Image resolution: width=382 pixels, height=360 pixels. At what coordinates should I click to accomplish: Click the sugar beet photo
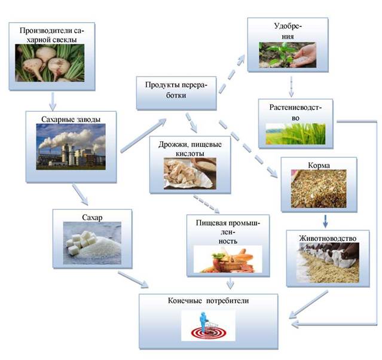click(x=50, y=63)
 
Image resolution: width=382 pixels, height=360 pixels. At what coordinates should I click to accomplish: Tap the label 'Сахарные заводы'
click(x=71, y=119)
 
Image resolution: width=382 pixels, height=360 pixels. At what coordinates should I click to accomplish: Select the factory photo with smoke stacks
click(x=71, y=147)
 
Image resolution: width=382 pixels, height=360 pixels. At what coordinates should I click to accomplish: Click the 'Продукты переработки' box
click(x=176, y=93)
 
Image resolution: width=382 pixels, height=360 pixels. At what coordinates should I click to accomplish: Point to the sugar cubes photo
click(x=92, y=243)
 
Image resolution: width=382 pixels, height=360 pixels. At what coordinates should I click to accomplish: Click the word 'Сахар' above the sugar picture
click(x=92, y=217)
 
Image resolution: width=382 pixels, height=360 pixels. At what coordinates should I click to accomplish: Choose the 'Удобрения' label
click(x=288, y=31)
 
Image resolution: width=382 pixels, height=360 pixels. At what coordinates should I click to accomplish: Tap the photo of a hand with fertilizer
click(x=288, y=55)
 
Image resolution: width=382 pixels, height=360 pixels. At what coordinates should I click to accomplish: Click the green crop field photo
click(x=295, y=134)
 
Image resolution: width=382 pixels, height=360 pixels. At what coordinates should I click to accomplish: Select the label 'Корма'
click(x=319, y=165)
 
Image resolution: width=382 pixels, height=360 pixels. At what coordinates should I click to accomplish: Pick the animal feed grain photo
click(x=319, y=188)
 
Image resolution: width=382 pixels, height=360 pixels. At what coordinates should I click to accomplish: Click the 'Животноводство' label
click(x=328, y=238)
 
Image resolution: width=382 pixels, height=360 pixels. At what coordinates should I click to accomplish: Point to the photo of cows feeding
click(x=328, y=263)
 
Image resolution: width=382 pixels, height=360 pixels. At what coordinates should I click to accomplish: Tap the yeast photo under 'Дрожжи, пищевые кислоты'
click(x=190, y=173)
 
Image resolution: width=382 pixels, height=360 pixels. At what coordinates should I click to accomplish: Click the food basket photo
click(x=228, y=259)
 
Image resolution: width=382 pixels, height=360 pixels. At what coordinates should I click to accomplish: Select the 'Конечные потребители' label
click(x=208, y=301)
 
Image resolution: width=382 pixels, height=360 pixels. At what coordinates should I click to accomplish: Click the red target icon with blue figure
click(x=208, y=325)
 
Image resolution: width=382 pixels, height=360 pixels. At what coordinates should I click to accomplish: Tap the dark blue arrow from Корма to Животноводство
click(x=325, y=221)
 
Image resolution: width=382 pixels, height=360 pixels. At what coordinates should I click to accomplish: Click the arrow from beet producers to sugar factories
click(x=53, y=101)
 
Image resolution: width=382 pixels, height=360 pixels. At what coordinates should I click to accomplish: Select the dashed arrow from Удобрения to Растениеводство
click(x=291, y=87)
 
